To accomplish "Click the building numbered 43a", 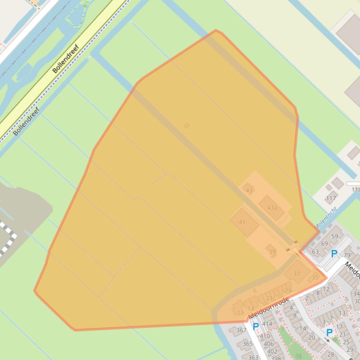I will [272, 208].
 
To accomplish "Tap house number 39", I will [272, 252].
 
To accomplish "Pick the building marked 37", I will [297, 273].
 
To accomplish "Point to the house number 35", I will [315, 277].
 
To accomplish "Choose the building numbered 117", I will [331, 197].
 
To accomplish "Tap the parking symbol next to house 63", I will [334, 254].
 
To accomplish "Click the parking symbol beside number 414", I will [256, 326].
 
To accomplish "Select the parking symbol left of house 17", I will [330, 332].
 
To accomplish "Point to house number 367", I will [241, 330].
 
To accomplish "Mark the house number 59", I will [335, 236].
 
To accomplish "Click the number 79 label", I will [347, 255].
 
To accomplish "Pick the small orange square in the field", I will [187, 125].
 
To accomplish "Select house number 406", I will [269, 344].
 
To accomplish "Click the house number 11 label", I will [240, 313].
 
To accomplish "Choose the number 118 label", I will [355, 190].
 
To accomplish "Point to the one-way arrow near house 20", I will [327, 340].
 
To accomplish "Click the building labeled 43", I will [249, 190].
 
